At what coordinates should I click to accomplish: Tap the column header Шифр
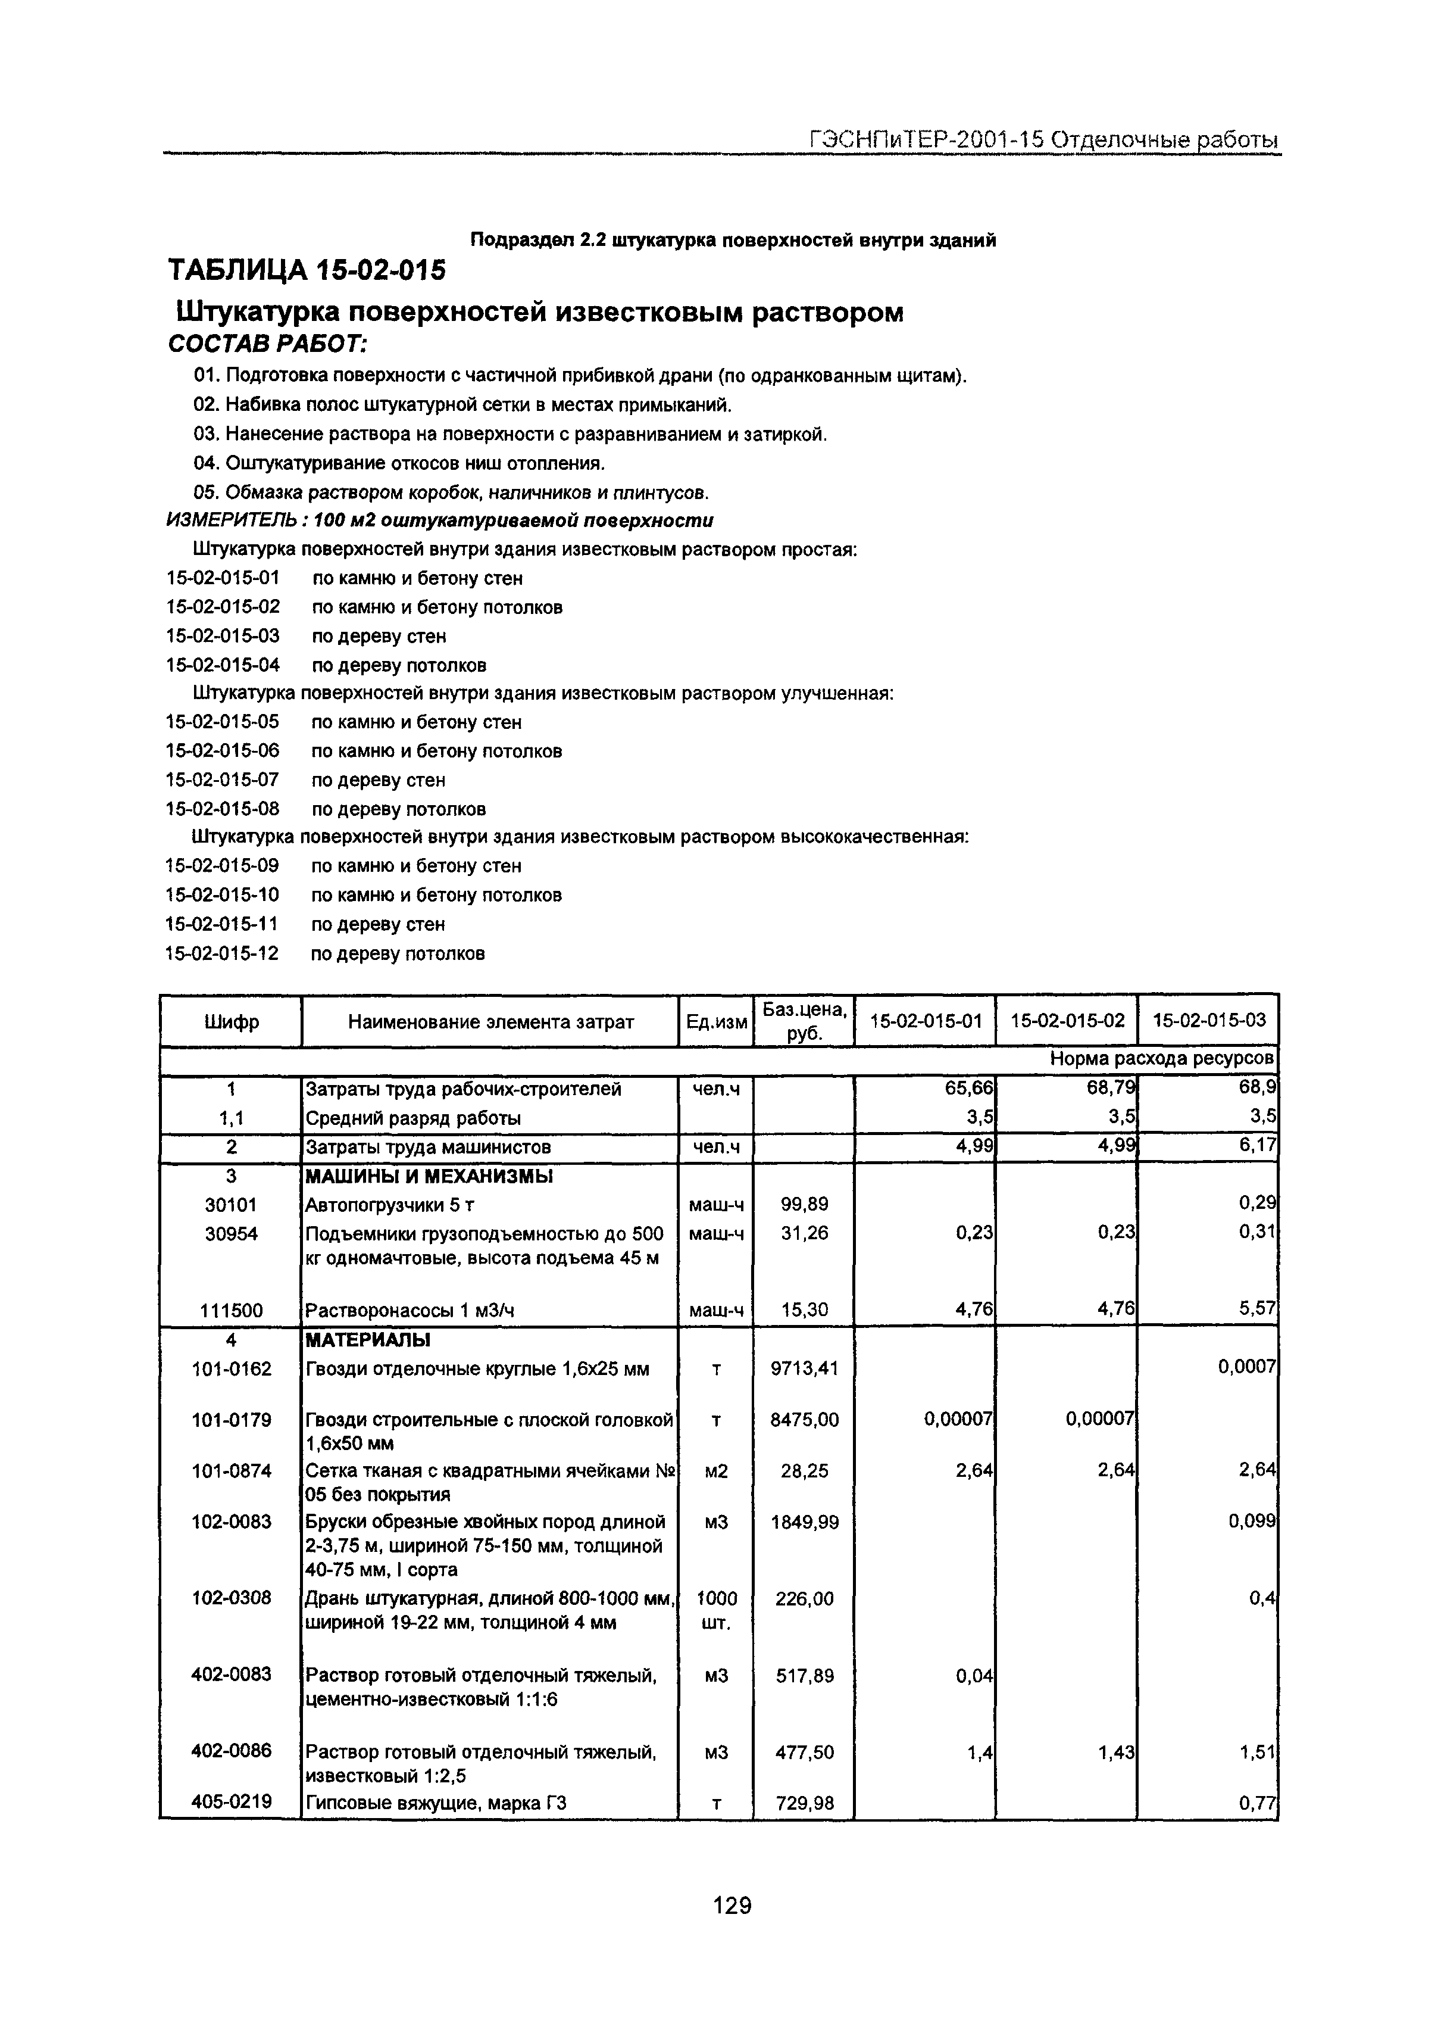point(231,1022)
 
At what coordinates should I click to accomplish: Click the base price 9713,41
point(804,1368)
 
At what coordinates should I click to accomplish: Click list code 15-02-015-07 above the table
point(222,780)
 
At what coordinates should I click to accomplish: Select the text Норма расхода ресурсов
point(1161,1059)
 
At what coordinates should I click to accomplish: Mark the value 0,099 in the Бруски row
point(1252,1522)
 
